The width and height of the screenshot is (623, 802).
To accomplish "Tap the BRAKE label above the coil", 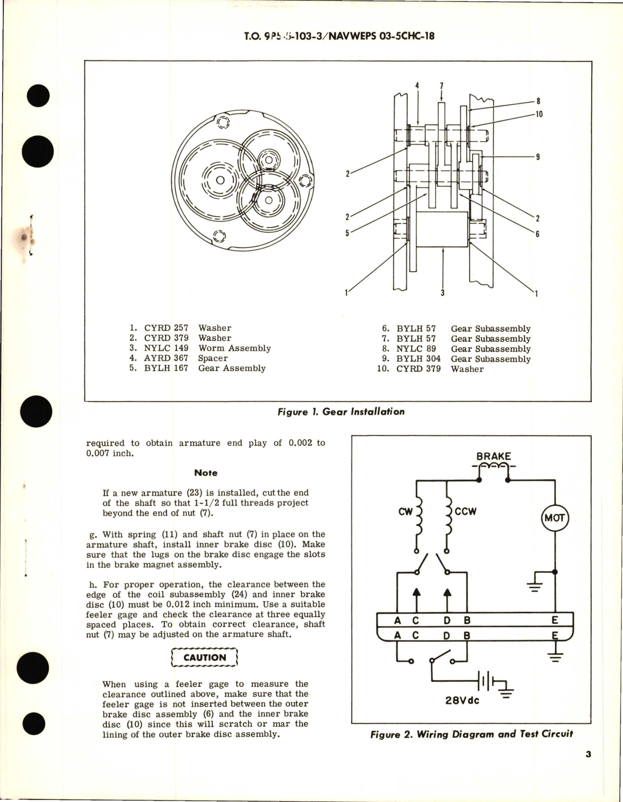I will tap(493, 456).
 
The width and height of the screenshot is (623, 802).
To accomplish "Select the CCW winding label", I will tap(466, 511).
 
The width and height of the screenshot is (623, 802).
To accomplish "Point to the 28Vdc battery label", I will tap(462, 700).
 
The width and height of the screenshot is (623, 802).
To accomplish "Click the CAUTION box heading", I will tap(204, 657).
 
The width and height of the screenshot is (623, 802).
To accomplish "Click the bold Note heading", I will tap(206, 473).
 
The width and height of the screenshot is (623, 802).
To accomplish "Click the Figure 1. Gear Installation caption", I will tap(341, 412).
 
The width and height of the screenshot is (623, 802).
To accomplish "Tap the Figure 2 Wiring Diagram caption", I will tap(472, 734).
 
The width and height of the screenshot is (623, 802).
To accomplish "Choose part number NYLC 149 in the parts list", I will tap(166, 348).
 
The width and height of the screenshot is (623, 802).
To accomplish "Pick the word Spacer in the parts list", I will tap(213, 358).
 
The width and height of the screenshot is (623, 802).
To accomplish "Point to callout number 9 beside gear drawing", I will tap(538, 157).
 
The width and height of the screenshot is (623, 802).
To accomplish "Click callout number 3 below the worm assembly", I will tap(442, 293).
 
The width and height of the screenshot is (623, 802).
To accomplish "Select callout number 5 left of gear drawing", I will tap(347, 233).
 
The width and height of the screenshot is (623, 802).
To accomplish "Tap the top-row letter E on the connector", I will tap(555, 620).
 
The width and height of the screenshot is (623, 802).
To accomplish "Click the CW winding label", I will tap(404, 512).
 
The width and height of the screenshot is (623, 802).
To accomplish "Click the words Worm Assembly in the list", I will tap(234, 348).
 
